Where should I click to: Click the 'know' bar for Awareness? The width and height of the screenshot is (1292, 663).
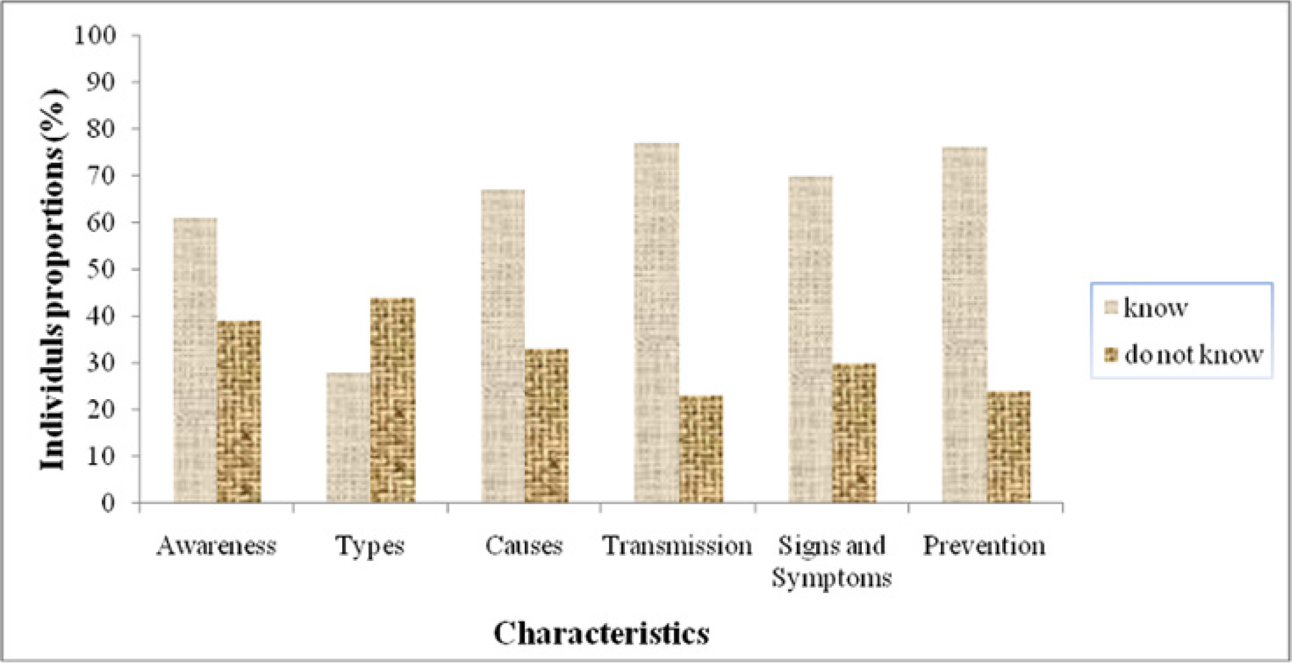click(x=195, y=360)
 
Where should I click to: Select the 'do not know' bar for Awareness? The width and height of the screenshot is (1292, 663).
click(x=239, y=412)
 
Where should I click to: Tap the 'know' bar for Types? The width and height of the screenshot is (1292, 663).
click(x=348, y=438)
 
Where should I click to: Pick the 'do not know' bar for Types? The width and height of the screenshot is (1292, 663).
click(x=392, y=400)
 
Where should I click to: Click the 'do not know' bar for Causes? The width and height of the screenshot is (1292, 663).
click(x=546, y=425)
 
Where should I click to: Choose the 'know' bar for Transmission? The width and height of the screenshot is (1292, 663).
click(x=657, y=323)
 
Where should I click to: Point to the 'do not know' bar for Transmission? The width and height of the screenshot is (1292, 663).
click(x=701, y=449)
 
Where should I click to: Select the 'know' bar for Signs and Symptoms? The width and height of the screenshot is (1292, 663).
click(x=810, y=339)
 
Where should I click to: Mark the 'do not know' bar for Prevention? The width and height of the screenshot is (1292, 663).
click(x=1009, y=447)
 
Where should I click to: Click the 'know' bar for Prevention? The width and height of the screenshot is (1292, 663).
click(x=964, y=325)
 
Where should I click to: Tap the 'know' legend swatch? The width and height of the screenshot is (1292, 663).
click(x=1111, y=307)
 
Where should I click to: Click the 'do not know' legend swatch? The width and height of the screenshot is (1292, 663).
click(x=1111, y=355)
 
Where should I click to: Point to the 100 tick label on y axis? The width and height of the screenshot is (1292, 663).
click(x=95, y=35)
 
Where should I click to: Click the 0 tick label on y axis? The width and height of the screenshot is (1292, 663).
click(x=108, y=503)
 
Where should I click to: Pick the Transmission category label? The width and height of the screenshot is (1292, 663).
click(x=677, y=545)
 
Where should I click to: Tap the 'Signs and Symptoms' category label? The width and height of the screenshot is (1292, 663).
click(x=831, y=561)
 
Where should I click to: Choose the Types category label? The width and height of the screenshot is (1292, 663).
click(x=370, y=545)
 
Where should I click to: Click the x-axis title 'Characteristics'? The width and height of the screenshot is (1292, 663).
click(x=601, y=633)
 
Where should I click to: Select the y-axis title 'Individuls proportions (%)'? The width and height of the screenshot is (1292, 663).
click(x=54, y=280)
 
